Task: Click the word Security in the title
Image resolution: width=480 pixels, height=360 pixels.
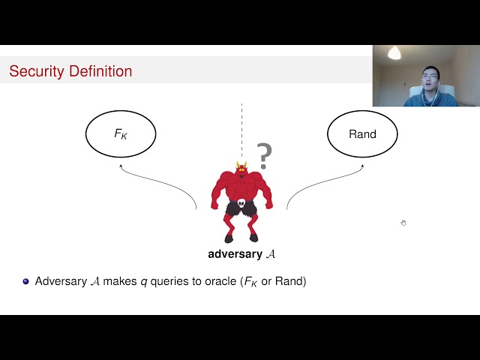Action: click(36, 72)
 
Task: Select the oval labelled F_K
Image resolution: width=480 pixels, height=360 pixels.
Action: click(121, 134)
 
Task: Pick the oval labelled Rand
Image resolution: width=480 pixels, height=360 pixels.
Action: click(362, 134)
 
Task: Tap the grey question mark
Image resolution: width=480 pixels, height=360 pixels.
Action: click(263, 156)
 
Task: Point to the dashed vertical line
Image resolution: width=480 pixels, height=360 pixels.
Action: click(241, 127)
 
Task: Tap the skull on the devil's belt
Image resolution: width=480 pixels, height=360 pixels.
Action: click(241, 203)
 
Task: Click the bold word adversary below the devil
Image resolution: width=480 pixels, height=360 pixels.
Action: click(235, 254)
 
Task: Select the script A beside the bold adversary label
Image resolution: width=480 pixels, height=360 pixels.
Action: click(271, 254)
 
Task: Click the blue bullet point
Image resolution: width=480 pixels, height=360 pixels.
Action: click(25, 282)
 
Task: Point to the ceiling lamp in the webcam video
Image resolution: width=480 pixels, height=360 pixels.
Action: click(394, 53)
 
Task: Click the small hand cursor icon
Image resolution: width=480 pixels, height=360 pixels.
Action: click(403, 223)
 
